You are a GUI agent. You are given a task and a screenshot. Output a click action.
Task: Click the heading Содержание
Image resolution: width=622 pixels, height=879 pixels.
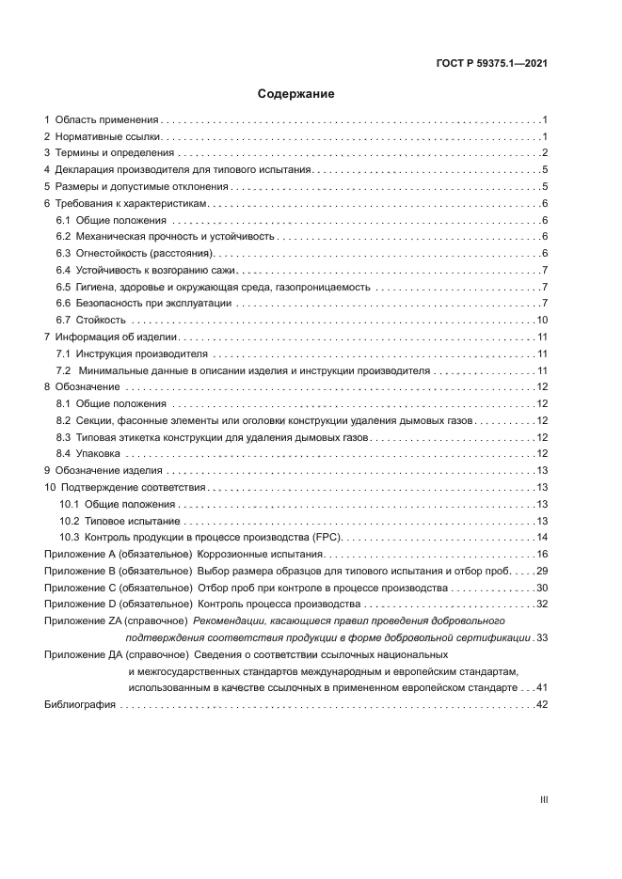tap(296, 94)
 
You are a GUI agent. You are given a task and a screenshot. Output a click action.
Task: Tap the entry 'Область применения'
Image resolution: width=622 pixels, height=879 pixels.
tap(106, 120)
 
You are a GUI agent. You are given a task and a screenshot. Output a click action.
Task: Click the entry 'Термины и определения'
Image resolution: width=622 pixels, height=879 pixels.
tap(115, 153)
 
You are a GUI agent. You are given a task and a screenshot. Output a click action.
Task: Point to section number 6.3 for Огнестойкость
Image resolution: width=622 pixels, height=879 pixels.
tap(64, 254)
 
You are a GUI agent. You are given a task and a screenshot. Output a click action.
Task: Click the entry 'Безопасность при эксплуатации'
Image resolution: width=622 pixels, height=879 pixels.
tap(152, 304)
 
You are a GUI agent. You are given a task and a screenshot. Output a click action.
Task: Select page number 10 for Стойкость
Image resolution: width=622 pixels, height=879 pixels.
tap(542, 321)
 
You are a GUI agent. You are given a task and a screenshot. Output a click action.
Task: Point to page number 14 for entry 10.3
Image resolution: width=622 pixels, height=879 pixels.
tap(542, 537)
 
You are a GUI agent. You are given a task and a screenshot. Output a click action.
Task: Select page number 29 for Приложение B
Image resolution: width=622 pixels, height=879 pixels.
tap(542, 571)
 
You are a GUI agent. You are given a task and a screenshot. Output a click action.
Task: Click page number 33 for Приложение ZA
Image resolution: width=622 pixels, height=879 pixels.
tap(542, 637)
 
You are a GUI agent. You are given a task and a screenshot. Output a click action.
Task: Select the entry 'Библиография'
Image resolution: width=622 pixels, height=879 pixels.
tap(80, 705)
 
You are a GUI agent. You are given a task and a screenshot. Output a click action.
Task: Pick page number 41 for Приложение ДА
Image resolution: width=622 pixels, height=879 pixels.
tap(542, 688)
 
